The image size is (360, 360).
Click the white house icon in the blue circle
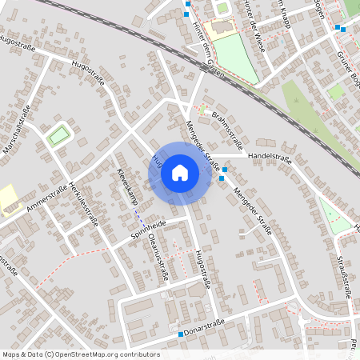(180, 172)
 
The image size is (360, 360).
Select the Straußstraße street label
(344, 276)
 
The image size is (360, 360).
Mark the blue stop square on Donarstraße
(181, 335)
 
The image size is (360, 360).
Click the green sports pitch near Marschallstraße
(58, 136)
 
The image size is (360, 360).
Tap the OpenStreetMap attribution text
(81, 354)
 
